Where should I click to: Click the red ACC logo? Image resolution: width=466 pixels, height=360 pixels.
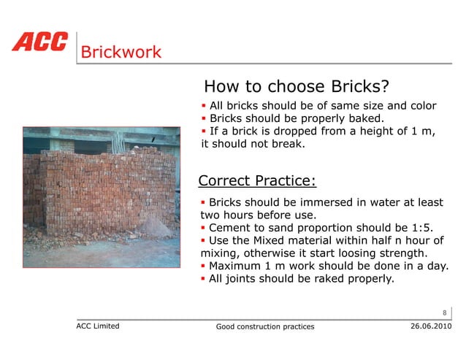pos(39,42)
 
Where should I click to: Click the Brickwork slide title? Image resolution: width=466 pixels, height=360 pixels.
pos(121,53)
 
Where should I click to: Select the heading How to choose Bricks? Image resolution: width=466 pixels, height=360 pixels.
pos(296,86)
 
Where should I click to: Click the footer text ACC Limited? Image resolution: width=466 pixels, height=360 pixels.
pos(98,326)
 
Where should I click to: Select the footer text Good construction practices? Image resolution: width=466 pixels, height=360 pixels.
pos(265,326)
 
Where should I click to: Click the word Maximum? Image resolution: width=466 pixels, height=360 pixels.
pos(236,266)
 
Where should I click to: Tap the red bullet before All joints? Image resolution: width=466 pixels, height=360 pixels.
pos(204,278)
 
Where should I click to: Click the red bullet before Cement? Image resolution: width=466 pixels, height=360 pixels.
pos(204,228)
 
